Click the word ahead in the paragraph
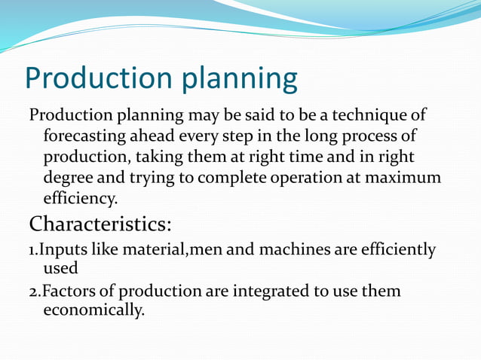pos(157,138)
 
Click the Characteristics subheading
pos(100,224)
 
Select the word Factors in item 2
pos(65,291)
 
